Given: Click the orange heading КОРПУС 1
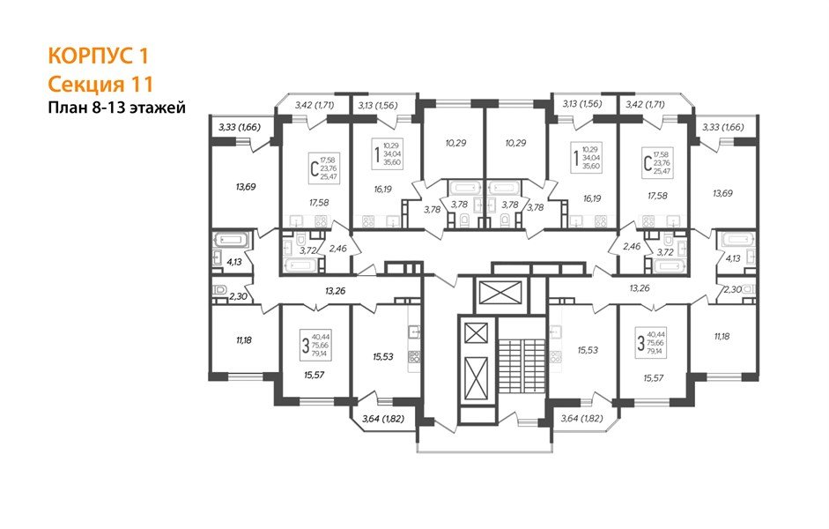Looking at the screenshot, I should click(x=98, y=56).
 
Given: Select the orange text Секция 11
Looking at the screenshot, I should click(x=100, y=85).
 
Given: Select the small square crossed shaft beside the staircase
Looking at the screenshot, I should click(x=476, y=333).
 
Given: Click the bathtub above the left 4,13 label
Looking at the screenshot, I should click(x=233, y=239).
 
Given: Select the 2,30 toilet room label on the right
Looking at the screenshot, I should click(x=732, y=288).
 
